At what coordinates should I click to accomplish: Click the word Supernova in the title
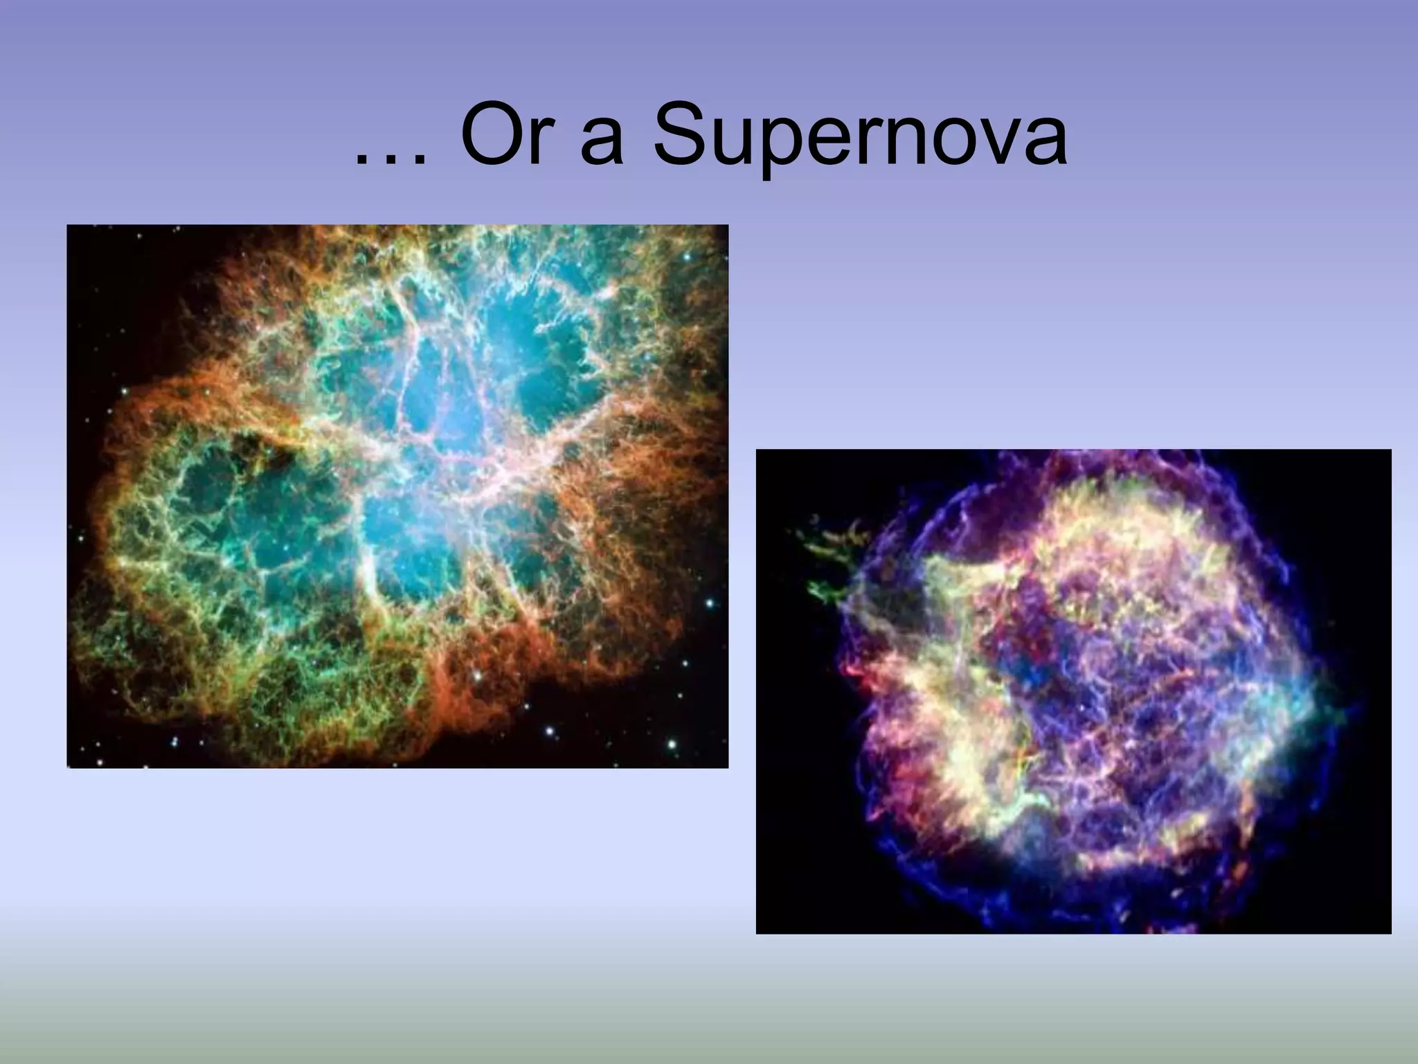(x=859, y=139)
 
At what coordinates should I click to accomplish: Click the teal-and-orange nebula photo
(x=397, y=496)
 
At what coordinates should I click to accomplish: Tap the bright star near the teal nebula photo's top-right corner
(x=687, y=257)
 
